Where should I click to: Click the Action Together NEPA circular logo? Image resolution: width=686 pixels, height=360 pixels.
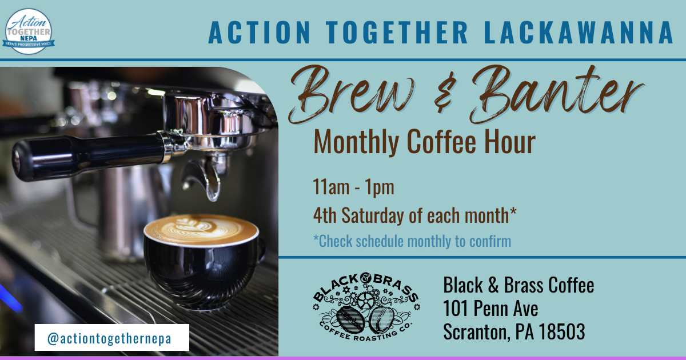click(29, 31)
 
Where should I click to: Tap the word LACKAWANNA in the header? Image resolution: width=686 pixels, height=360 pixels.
click(579, 33)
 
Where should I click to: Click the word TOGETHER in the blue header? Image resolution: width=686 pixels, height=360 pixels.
click(396, 33)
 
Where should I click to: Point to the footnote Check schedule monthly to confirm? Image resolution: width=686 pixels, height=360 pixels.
click(412, 241)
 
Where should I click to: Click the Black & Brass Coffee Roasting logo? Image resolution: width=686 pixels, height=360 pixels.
click(366, 307)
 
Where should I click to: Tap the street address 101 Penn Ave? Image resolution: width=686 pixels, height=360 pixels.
click(490, 308)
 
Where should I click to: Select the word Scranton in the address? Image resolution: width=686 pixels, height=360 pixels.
click(477, 332)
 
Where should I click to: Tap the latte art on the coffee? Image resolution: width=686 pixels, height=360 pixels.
click(201, 229)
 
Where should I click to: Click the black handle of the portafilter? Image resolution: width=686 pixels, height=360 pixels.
click(89, 157)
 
